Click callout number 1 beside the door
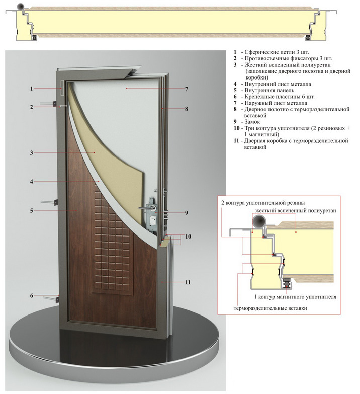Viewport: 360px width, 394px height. [x=31, y=89]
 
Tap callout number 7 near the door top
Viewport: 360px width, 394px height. [x=186, y=89]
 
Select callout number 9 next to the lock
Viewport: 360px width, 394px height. [x=186, y=213]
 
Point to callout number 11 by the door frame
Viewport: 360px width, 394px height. [x=188, y=282]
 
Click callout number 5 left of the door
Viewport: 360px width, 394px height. [x=31, y=210]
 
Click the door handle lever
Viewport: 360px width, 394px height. [x=147, y=208]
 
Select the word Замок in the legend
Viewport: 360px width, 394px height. [x=252, y=122]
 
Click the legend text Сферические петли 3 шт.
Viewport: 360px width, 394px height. [x=277, y=52]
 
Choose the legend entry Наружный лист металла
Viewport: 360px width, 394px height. [x=276, y=103]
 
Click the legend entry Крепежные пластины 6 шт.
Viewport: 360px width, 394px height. [x=279, y=97]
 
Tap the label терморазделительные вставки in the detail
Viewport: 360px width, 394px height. [x=270, y=308]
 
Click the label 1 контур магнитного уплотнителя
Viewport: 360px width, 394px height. [x=295, y=297]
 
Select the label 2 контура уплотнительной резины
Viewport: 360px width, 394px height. [x=263, y=203]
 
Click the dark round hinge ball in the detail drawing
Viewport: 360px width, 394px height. [x=259, y=221]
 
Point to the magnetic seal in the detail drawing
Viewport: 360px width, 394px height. [x=287, y=283]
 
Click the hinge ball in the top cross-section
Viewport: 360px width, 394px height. [x=20, y=7]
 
